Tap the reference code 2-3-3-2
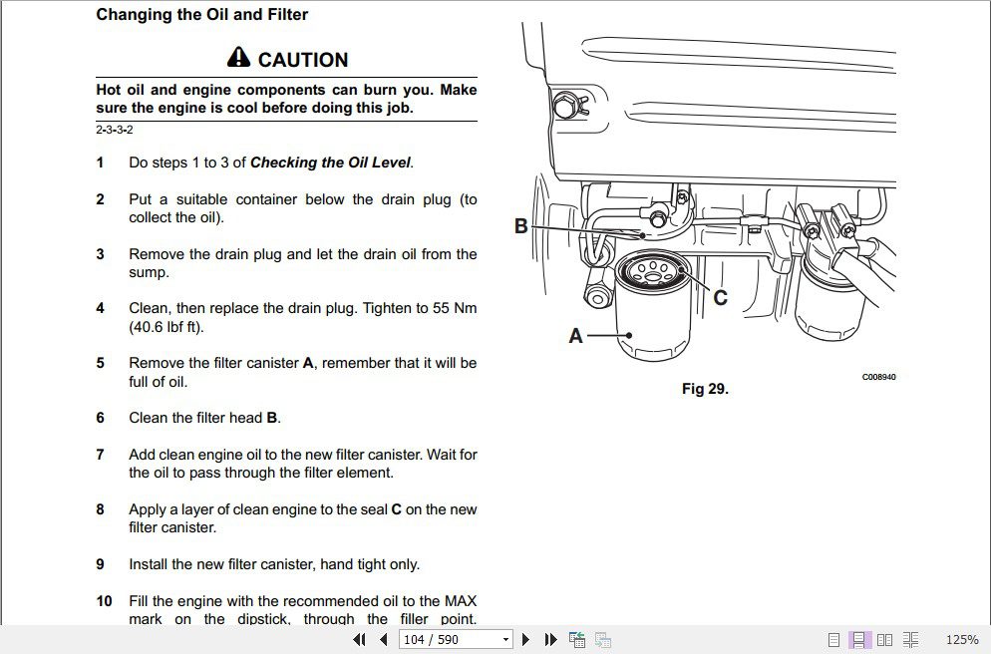(x=114, y=130)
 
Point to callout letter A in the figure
(x=575, y=337)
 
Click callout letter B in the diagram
(x=520, y=226)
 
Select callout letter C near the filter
(x=721, y=297)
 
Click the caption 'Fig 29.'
(x=705, y=389)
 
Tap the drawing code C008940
(x=878, y=377)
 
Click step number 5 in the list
(x=100, y=363)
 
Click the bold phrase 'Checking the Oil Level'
(x=330, y=163)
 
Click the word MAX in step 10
(x=461, y=601)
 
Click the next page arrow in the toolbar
(x=526, y=639)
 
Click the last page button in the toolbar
(x=549, y=639)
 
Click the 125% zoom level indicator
(x=961, y=639)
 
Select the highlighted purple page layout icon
(x=858, y=639)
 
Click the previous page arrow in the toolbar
(x=384, y=639)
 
